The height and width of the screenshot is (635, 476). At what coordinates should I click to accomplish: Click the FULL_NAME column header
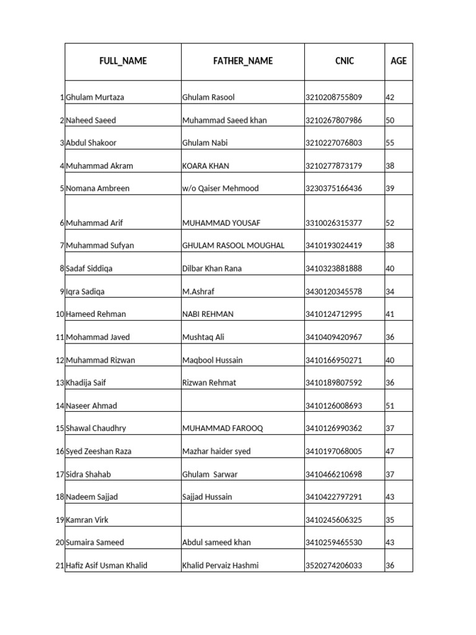[123, 61]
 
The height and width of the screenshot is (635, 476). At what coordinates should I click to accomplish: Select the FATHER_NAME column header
[242, 61]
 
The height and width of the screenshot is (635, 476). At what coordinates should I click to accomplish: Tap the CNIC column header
[344, 61]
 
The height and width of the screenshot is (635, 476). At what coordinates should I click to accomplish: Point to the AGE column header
[399, 61]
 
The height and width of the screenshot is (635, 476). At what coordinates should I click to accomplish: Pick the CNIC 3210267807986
[333, 120]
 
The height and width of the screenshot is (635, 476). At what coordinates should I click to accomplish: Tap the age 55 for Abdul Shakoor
[390, 143]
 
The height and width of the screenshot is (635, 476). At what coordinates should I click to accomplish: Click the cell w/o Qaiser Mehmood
[220, 189]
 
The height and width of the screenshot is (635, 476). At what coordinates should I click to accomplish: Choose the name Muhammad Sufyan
[99, 246]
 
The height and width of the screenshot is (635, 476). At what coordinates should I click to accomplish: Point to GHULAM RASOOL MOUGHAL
[233, 246]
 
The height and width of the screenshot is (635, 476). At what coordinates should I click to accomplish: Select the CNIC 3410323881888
[333, 269]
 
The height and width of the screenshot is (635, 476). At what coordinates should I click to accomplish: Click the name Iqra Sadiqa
[86, 291]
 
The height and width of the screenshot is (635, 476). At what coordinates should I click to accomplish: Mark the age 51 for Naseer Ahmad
[390, 406]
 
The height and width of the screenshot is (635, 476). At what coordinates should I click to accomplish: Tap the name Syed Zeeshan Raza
[99, 451]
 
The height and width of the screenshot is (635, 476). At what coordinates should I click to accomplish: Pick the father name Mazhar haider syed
[216, 451]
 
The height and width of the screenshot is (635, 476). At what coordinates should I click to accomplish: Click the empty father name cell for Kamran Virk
[242, 520]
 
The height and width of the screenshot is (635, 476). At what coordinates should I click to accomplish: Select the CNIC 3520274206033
[333, 566]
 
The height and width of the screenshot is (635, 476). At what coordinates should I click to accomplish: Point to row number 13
[60, 383]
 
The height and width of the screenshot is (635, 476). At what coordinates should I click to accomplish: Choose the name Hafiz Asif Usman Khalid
[107, 566]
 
